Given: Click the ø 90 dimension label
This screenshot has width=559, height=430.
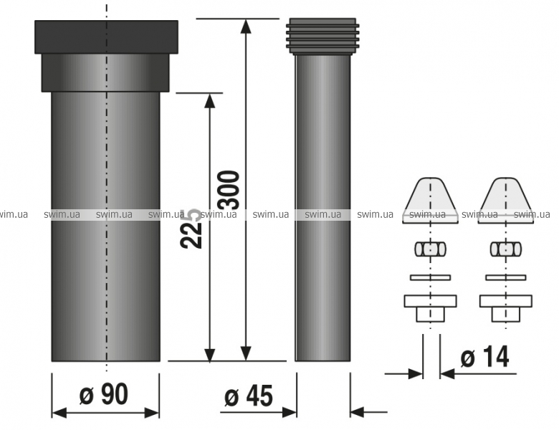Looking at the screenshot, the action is point(103,395).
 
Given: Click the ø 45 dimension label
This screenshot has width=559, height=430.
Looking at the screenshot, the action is point(249,396).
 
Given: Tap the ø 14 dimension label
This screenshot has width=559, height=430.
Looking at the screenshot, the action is point(485,357).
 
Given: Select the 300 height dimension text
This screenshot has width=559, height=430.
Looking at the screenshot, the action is point(229,190).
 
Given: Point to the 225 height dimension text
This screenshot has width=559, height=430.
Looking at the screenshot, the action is point(192,229).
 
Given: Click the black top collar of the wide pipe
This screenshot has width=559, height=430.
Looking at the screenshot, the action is point(106,37).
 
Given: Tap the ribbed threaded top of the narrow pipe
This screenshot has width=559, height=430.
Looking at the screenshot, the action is point(322,36).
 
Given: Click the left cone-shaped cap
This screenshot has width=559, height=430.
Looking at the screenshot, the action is point(430,201).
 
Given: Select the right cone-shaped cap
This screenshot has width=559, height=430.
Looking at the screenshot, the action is point(505,201).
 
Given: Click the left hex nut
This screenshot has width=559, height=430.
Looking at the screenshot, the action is point(430,249).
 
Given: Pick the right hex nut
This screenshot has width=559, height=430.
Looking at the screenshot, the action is point(505,249).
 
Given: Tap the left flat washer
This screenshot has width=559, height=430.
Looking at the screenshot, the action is point(430,277).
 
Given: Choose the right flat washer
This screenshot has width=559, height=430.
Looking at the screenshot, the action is point(505,277).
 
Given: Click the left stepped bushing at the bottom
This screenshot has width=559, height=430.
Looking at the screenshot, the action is point(430,308).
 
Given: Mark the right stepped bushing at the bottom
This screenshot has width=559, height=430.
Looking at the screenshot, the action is point(505,308).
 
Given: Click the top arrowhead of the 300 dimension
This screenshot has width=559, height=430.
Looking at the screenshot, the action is point(246,26).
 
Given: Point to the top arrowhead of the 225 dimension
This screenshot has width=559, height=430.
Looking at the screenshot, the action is point(210,100).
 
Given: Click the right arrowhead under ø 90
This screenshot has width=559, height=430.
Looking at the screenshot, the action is point(151,413).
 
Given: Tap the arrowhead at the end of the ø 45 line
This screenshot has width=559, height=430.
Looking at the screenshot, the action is point(289,412).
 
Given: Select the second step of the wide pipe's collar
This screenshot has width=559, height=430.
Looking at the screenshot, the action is point(105,72).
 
